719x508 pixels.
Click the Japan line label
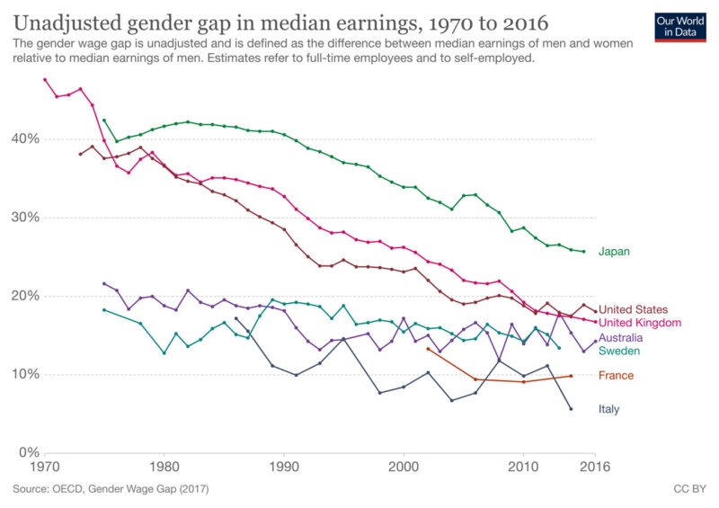point(614,252)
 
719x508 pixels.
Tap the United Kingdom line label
point(640,323)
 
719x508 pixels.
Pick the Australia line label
point(620,338)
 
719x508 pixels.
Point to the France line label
point(616,376)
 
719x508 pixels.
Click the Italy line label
point(608,409)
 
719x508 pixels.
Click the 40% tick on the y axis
point(23,138)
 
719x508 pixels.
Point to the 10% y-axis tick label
point(23,374)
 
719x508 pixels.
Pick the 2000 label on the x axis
point(404,468)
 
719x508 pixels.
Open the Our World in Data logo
point(679,27)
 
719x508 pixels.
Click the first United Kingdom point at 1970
point(45,79)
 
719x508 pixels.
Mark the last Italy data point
point(571,408)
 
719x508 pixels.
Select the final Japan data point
point(583,252)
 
